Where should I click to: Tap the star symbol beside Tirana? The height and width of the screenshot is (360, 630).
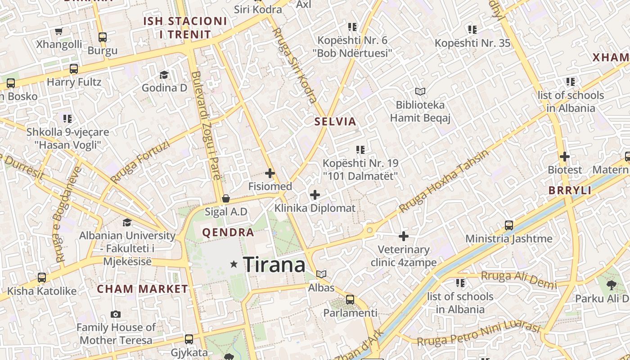point(234,264)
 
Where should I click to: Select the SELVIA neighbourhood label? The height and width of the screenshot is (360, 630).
point(335,121)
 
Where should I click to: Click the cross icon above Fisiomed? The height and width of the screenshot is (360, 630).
point(270,173)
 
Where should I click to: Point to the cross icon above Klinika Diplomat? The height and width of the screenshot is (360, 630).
point(315,195)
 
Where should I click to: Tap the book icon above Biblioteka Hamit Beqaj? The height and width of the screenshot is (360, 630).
point(420,92)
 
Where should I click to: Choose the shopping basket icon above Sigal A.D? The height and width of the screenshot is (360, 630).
point(226,198)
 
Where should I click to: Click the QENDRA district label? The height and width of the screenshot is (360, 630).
point(228,233)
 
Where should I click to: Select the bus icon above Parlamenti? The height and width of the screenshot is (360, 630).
point(350,299)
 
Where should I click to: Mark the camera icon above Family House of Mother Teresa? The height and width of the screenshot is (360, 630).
point(116,314)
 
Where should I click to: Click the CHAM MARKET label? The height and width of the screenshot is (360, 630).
point(142,289)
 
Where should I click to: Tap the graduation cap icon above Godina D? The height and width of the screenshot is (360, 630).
point(164,74)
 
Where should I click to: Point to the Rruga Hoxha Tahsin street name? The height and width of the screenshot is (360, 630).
point(444,181)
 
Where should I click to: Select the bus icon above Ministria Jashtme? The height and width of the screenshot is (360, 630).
point(509,225)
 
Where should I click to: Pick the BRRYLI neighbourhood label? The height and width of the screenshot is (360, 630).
point(570,190)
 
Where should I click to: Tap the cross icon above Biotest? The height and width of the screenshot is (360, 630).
point(565,157)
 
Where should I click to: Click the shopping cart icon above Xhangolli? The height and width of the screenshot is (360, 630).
point(58,31)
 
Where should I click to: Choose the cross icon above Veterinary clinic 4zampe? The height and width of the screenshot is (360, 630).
point(404,236)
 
